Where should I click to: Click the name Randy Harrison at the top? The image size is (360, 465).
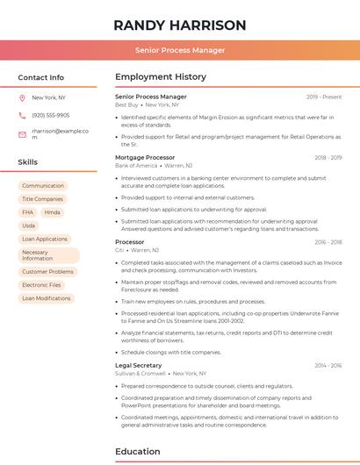tap(180, 25)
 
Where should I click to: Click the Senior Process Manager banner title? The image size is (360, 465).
tap(180, 50)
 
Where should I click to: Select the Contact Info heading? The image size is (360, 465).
tap(40, 77)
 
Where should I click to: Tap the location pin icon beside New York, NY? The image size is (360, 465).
tap(22, 97)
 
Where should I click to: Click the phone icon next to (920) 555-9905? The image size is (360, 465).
tap(22, 115)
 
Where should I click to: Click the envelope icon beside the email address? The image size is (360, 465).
tap(22, 133)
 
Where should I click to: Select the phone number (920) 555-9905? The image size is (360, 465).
tap(50, 115)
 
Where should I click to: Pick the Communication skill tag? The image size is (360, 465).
tap(43, 186)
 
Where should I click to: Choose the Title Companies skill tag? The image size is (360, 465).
tap(42, 199)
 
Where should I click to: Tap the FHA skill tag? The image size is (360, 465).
tap(28, 212)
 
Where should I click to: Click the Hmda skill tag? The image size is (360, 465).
tap(53, 212)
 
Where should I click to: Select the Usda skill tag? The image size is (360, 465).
tap(29, 225)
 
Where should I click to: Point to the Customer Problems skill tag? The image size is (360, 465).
tap(47, 272)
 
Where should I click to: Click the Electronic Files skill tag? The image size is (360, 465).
tap(41, 285)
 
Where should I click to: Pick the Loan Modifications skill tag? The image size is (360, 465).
tap(46, 298)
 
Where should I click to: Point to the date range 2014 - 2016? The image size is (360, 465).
tap(328, 365)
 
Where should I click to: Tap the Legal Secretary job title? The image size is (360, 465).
tap(138, 365)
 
